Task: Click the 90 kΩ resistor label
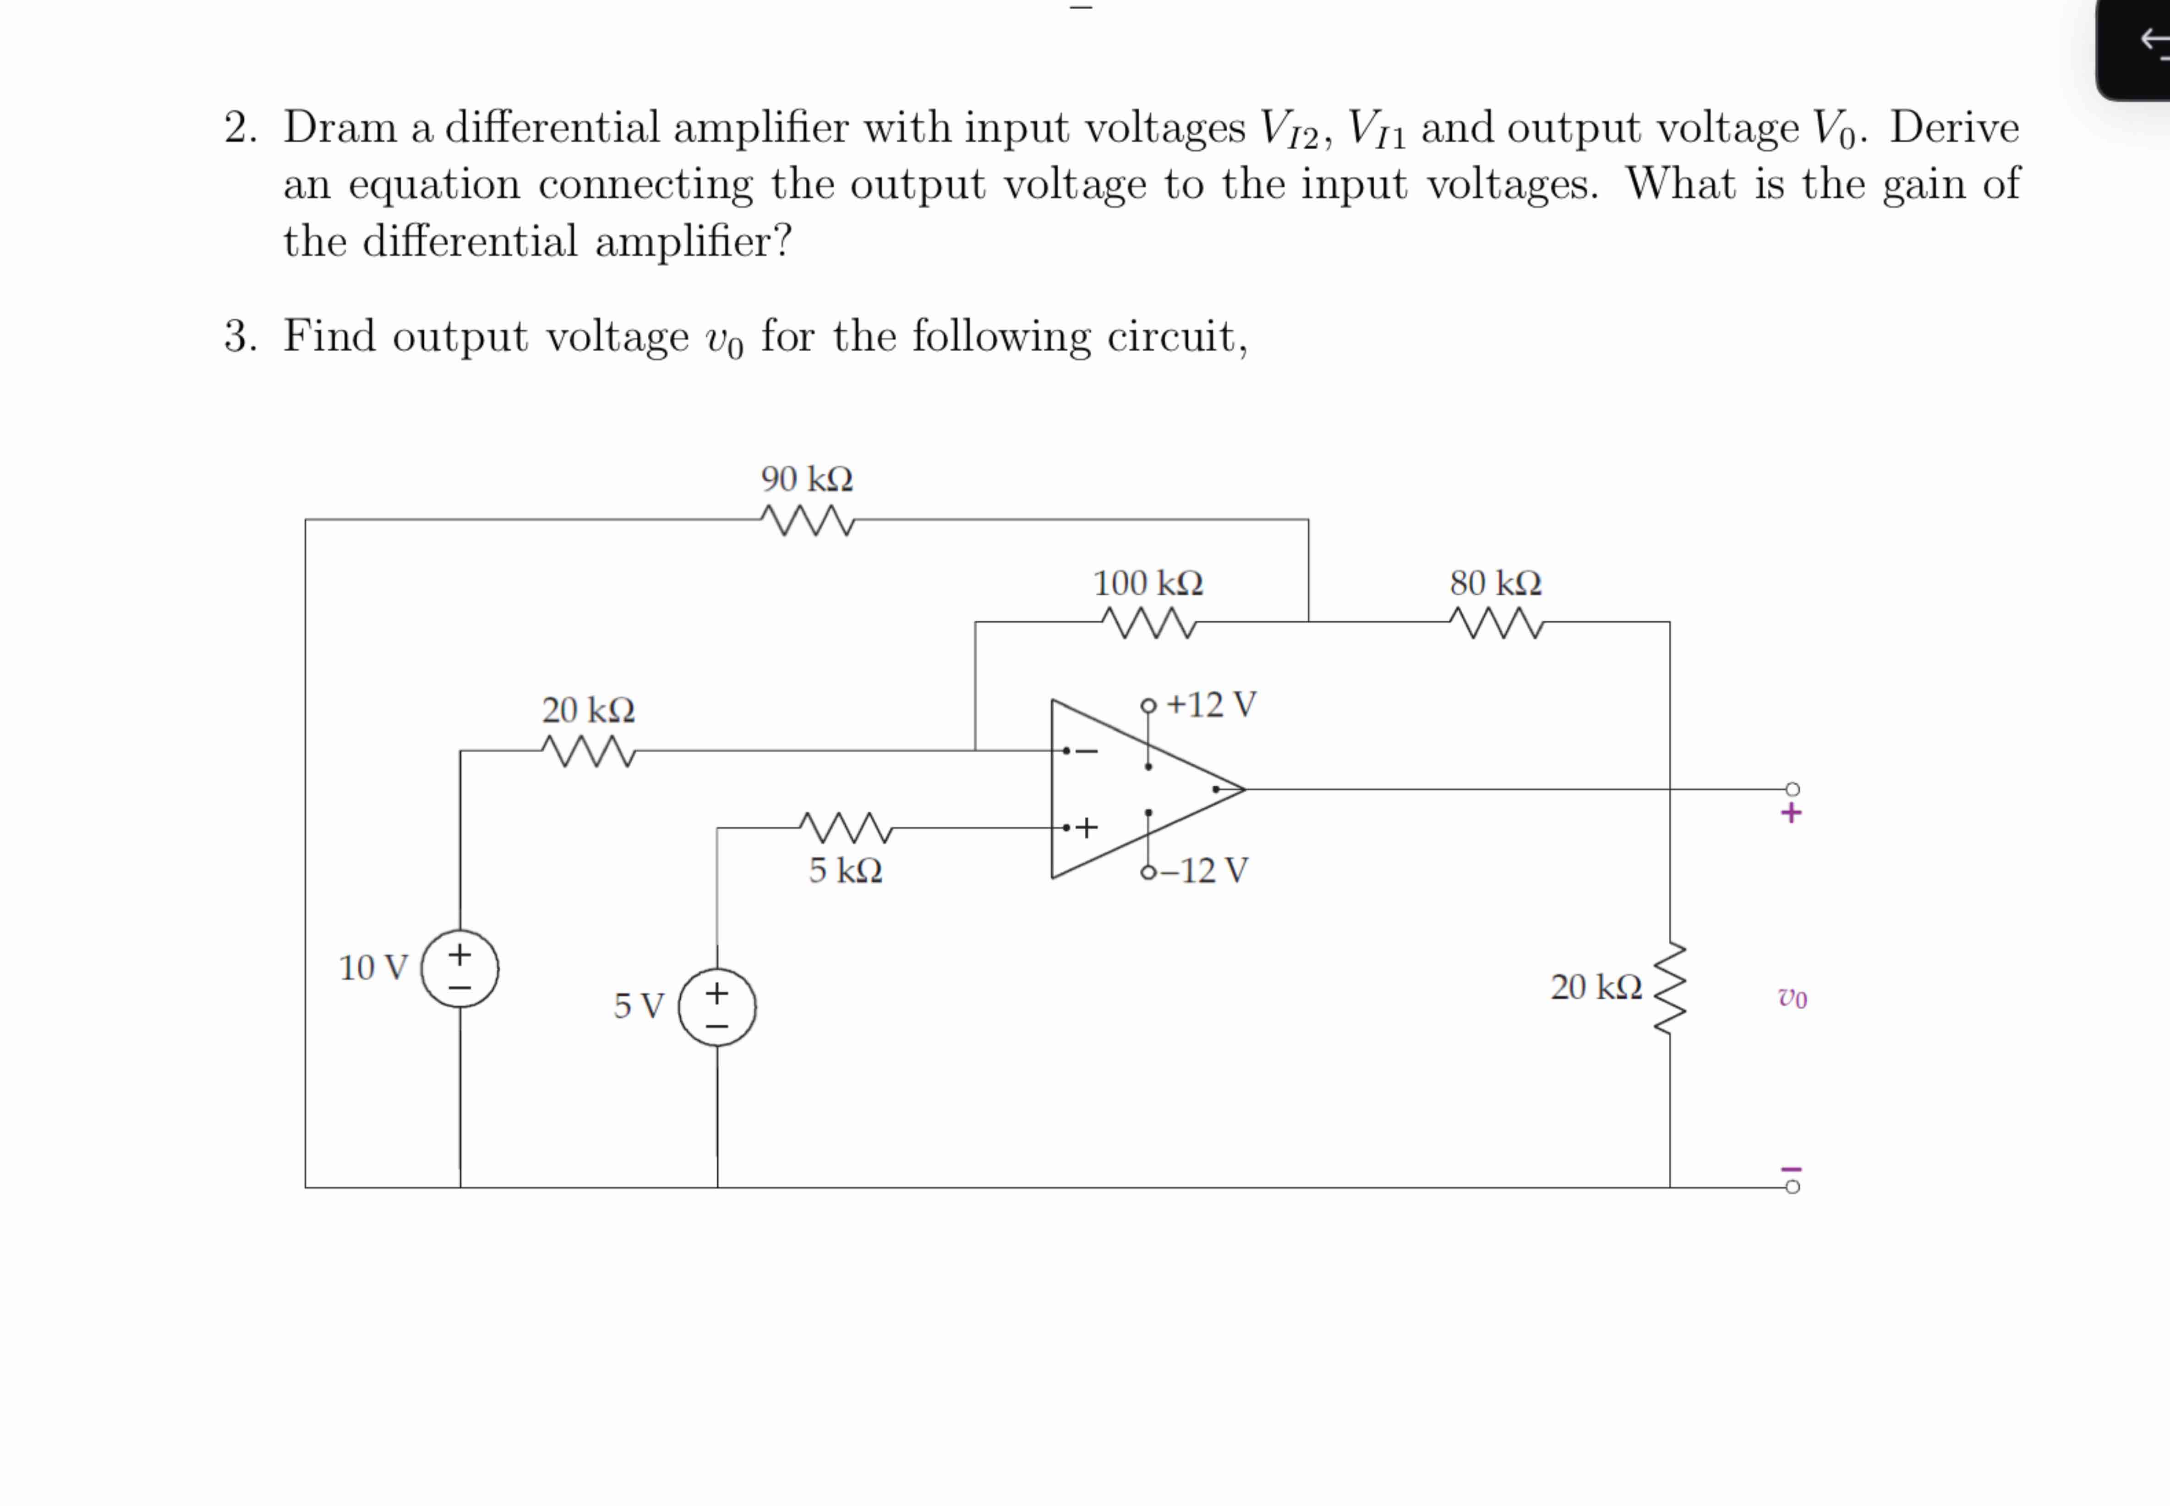[x=807, y=479]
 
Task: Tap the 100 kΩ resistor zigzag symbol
[x=1148, y=623]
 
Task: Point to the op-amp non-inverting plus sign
[x=1087, y=827]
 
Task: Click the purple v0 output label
[x=1792, y=997]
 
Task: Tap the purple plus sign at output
[x=1791, y=813]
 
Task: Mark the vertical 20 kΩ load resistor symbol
[x=1670, y=989]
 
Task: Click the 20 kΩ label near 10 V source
[x=588, y=710]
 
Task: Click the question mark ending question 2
[x=782, y=242]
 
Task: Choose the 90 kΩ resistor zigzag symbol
[x=807, y=520]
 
